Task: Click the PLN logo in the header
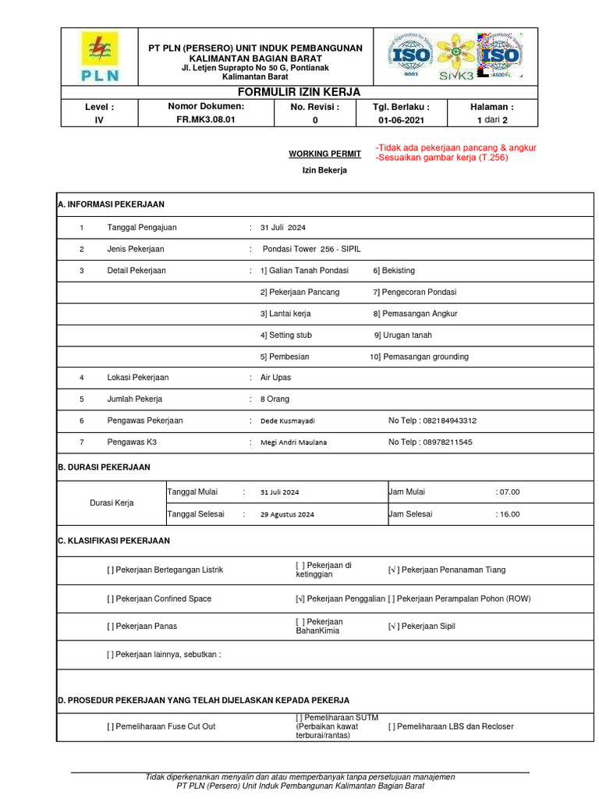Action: coord(98,56)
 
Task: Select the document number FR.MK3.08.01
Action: coord(206,120)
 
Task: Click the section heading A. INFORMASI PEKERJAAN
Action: coord(111,204)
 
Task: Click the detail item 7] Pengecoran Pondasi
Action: coord(414,292)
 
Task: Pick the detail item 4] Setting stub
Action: coord(285,335)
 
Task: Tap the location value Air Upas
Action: coord(275,378)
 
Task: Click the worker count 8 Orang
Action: coord(275,399)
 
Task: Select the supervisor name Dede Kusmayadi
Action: coord(287,421)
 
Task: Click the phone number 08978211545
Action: coord(448,442)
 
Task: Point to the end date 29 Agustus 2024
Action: coord(287,514)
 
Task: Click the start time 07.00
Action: coord(509,492)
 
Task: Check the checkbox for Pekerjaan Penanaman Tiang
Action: coord(393,570)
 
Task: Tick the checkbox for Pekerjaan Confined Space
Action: coord(110,598)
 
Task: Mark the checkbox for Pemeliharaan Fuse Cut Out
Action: coord(110,726)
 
